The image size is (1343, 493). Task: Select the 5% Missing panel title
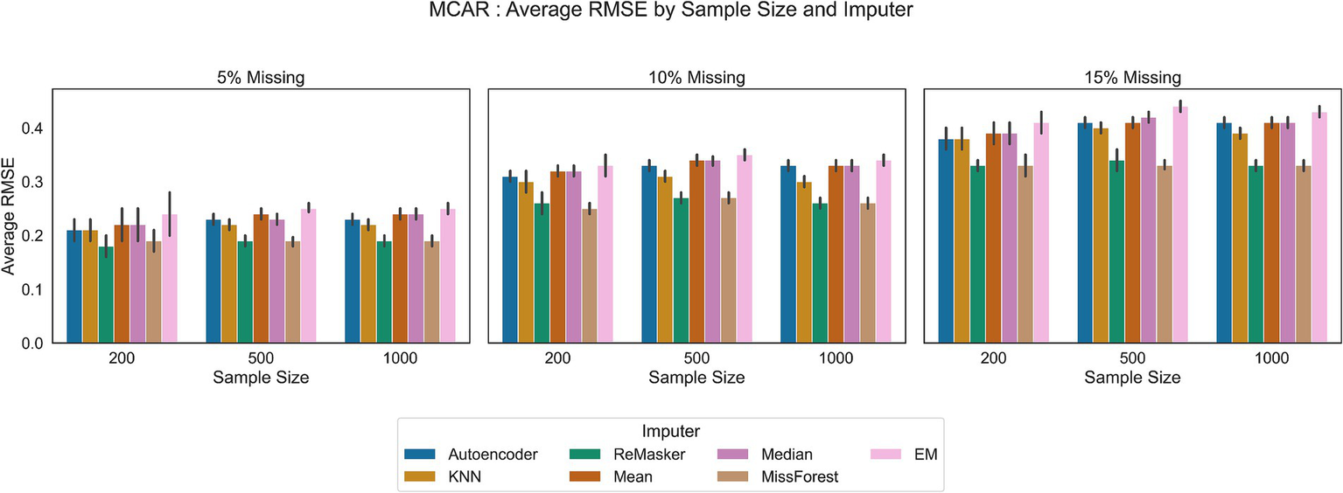click(261, 78)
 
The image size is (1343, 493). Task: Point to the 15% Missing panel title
click(1133, 78)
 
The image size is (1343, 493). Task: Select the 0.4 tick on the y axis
click(31, 128)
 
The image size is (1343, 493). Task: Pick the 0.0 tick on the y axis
click(31, 344)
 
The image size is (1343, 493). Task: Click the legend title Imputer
click(670, 431)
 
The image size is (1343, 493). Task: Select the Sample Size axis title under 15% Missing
click(1133, 378)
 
